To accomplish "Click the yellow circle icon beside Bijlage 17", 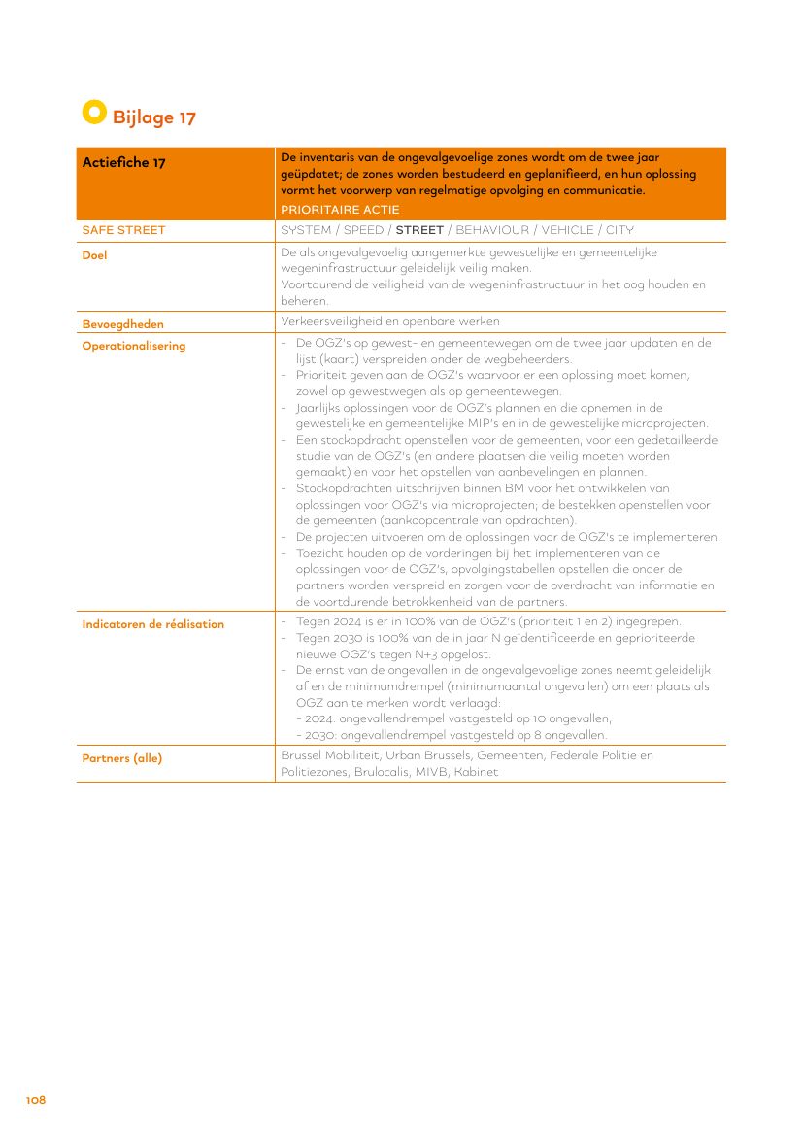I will [93, 112].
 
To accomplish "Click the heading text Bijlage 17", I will [154, 117].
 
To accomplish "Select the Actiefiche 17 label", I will [123, 162].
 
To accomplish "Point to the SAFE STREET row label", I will [123, 230].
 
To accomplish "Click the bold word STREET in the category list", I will [419, 230].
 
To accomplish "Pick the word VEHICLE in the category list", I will [568, 230].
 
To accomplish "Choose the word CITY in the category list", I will [619, 230].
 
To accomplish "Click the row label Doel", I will [94, 255].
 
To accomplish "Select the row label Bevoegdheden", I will [122, 324].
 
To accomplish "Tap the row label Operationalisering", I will [133, 346].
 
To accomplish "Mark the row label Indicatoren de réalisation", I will [152, 624].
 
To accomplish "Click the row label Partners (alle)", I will [121, 758].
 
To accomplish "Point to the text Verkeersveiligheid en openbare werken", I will [390, 322].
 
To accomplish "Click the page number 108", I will [36, 1100].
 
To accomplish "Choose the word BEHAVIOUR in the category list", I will [492, 230].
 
